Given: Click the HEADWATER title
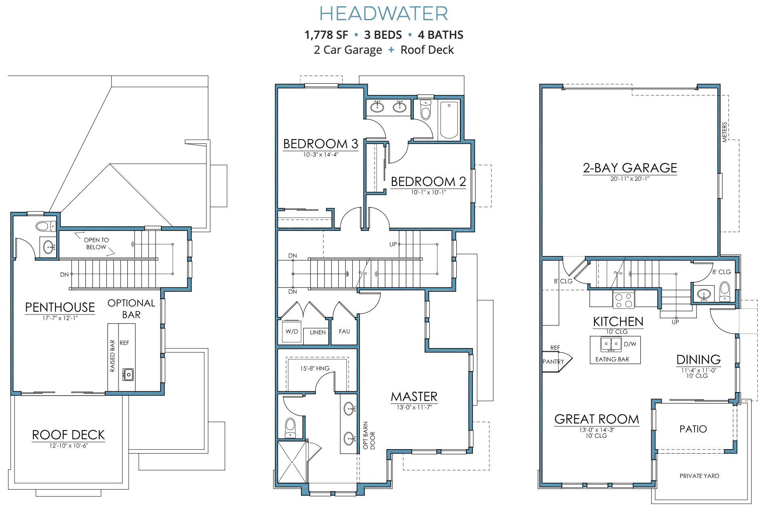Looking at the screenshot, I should tap(383, 14).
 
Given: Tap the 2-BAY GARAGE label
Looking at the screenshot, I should tap(630, 168).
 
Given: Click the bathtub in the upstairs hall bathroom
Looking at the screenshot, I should tap(449, 120).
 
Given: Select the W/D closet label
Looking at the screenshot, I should tap(292, 332).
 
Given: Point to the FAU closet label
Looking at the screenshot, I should tap(344, 332).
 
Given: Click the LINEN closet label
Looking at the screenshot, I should tap(318, 332).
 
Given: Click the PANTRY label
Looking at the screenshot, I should tap(553, 362).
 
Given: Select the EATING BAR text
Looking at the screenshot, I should tap(612, 359).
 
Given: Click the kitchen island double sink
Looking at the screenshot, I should tap(611, 344).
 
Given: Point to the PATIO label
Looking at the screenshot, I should tap(693, 429).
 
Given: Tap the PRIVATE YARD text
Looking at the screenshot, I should tap(699, 476).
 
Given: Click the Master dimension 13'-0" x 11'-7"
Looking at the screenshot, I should tap(414, 408).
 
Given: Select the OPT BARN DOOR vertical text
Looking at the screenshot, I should tap(368, 435).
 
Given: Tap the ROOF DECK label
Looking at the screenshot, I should tap(68, 435).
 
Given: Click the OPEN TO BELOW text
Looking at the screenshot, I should tap(96, 243).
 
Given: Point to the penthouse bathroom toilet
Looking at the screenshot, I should tap(45, 226).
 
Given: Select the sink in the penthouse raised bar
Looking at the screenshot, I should tap(128, 374).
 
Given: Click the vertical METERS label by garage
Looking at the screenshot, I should tap(724, 132).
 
